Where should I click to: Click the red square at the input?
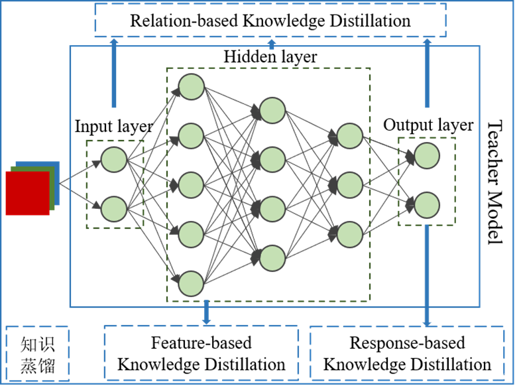[x=27, y=193]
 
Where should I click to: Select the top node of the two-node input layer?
[x=114, y=160]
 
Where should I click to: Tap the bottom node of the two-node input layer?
[x=114, y=209]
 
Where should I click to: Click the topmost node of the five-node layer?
[x=192, y=87]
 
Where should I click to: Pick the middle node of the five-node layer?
[x=192, y=185]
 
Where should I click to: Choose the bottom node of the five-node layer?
[x=192, y=283]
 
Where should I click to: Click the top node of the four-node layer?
[x=272, y=111]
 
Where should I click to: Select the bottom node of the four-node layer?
[x=272, y=258]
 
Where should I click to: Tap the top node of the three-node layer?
[x=350, y=136]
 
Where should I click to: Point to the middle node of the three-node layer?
[x=350, y=185]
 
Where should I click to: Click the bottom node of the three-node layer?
[x=350, y=234]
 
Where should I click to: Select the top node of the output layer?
[x=427, y=156]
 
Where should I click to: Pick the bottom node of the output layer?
[x=427, y=205]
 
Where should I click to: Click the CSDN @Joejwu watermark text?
[x=482, y=375]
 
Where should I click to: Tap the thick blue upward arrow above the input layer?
[x=114, y=73]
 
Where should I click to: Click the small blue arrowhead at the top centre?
[x=272, y=44]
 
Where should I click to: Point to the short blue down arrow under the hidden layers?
[x=206, y=313]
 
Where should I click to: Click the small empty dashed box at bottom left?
[x=38, y=353]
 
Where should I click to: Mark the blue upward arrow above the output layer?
[x=427, y=73]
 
